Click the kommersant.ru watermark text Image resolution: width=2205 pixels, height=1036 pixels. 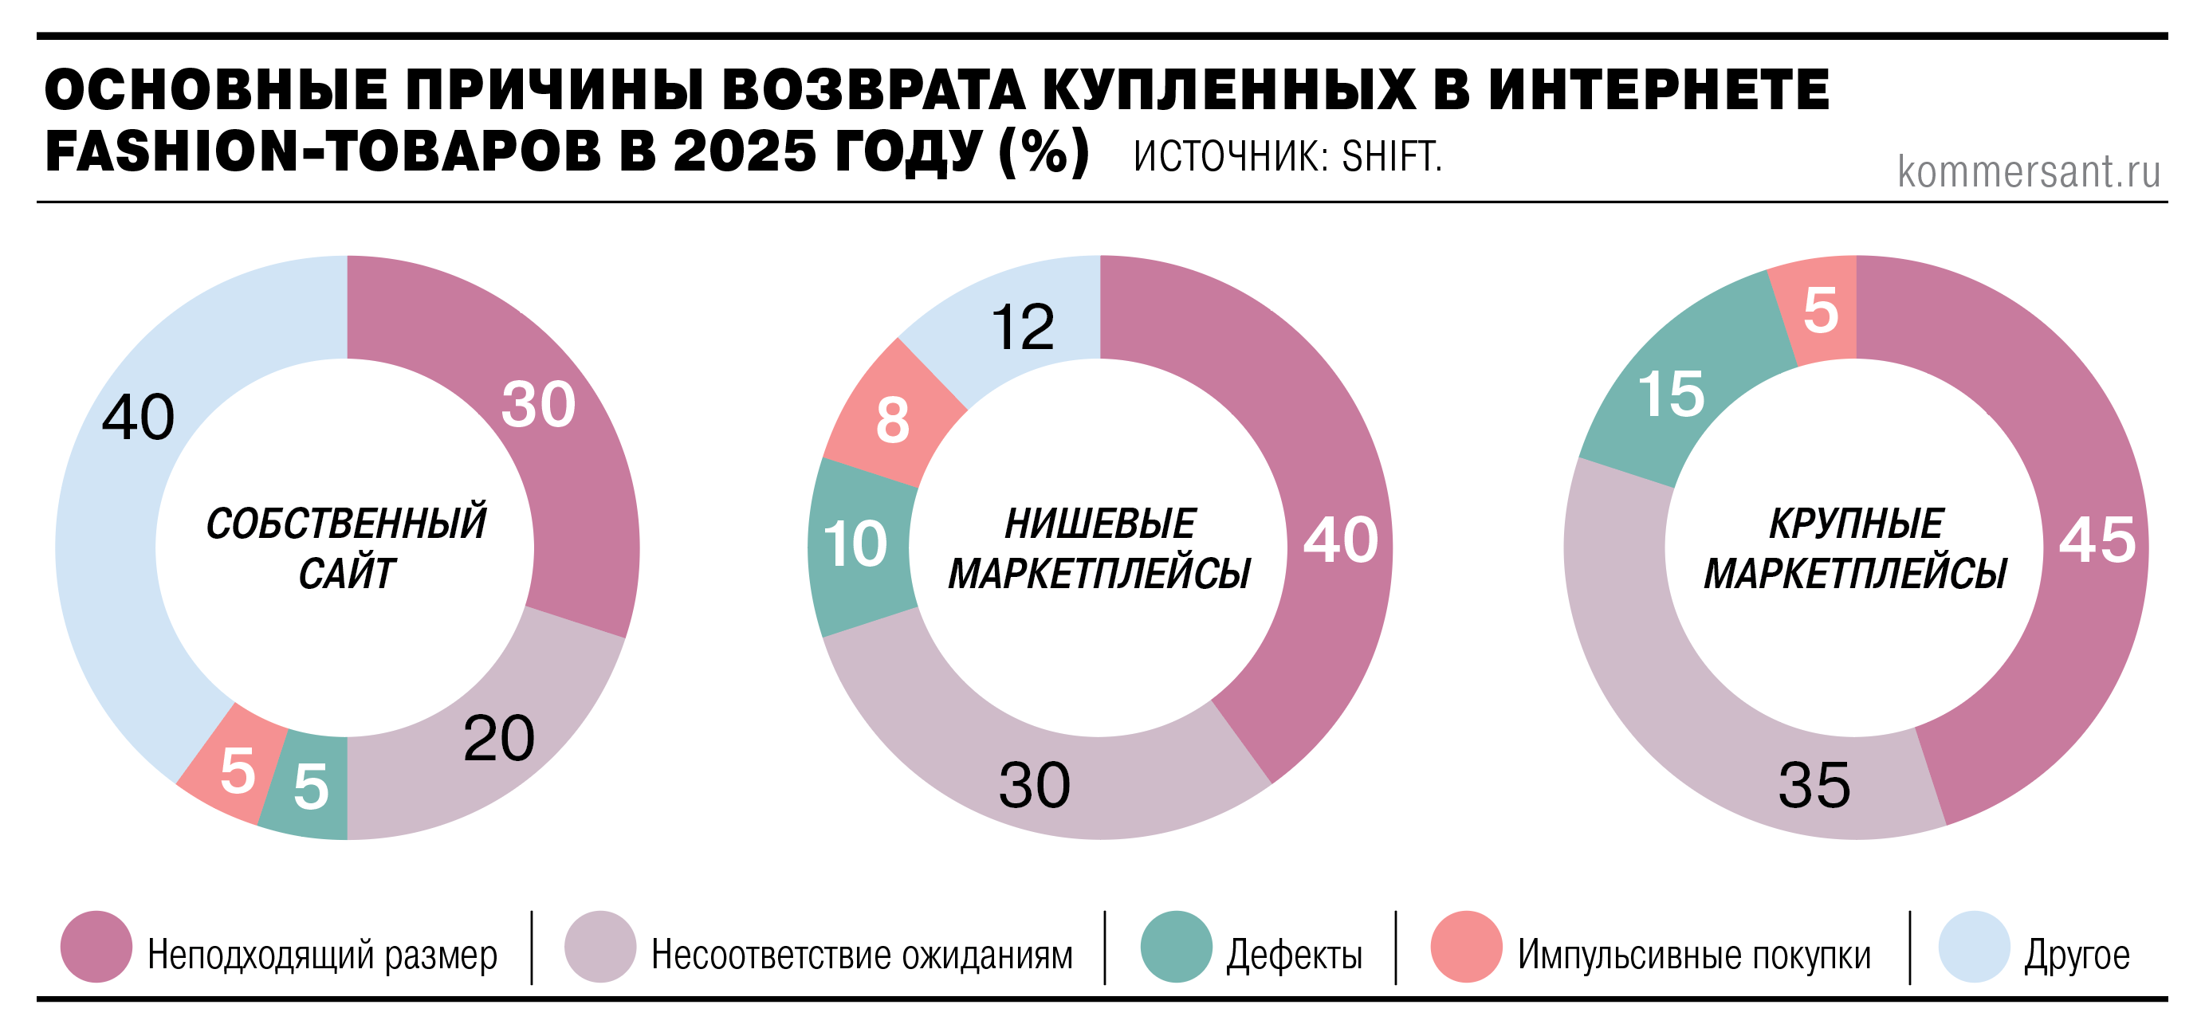2028,172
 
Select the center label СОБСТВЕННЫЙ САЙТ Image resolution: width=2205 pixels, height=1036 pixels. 347,547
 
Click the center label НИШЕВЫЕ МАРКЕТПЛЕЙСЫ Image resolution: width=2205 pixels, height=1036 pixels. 1100,547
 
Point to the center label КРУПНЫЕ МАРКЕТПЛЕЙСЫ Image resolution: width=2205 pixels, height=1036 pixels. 1855,547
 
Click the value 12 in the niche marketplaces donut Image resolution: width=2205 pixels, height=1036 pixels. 1022,327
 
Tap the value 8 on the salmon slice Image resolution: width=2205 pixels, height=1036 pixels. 892,421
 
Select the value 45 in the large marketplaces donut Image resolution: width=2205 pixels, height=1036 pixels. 2097,540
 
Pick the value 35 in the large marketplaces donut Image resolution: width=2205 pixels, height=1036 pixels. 1814,784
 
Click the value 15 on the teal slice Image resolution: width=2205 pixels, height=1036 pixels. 1671,394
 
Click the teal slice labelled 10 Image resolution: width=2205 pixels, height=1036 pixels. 856,545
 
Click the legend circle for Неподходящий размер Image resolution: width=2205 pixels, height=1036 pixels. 96,946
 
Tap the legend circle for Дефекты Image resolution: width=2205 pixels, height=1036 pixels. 1176,946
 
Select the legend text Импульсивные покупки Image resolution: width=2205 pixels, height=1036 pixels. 1694,955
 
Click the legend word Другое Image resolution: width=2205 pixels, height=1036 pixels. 2077,955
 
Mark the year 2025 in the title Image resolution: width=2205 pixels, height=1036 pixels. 745,151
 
